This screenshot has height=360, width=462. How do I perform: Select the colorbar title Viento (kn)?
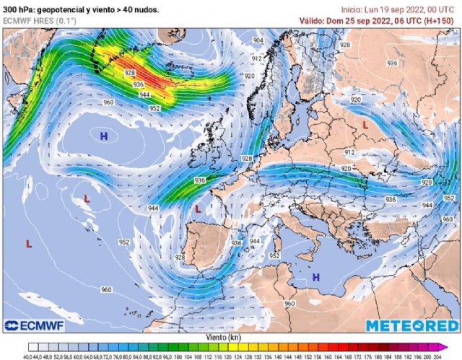tap(231, 336)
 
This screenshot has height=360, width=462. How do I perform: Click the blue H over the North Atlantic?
tap(105, 135)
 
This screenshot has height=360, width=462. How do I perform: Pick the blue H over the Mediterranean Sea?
tap(315, 277)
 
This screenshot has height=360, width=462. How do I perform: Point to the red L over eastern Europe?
tap(365, 125)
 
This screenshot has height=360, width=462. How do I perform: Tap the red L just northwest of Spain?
tap(198, 209)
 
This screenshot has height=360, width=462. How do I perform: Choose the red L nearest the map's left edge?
tap(29, 245)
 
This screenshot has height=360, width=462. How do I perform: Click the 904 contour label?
tap(258, 40)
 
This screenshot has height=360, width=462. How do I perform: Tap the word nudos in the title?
tap(154, 9)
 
